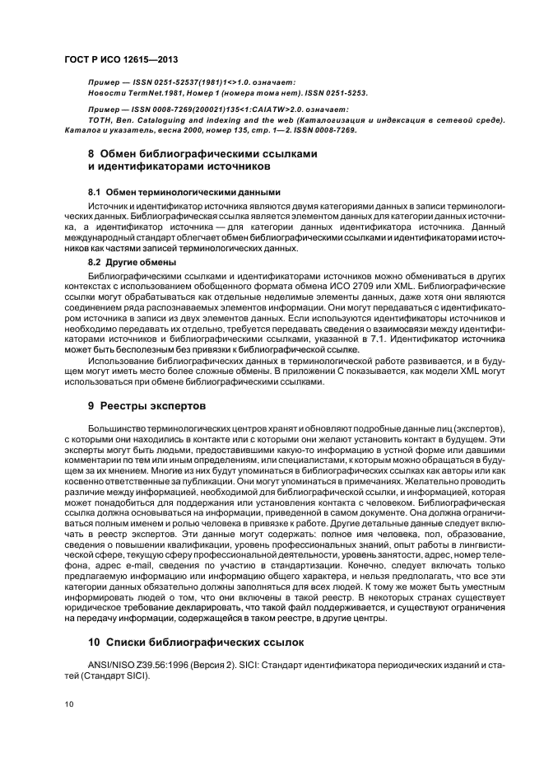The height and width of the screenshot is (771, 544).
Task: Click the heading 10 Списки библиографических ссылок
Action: tap(196, 639)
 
